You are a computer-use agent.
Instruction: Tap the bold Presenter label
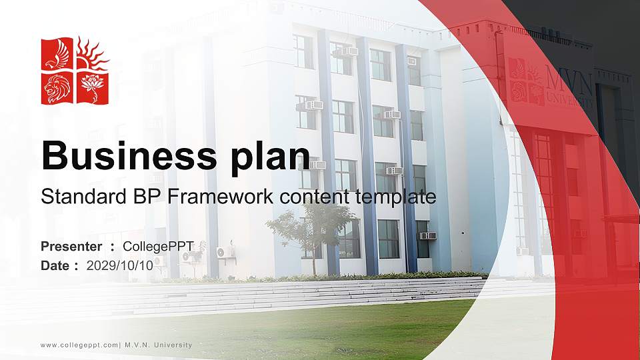[71, 247]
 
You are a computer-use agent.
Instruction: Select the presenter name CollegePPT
[163, 247]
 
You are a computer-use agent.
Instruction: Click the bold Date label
[55, 265]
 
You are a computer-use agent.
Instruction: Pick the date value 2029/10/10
[120, 265]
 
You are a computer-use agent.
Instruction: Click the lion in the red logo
[58, 88]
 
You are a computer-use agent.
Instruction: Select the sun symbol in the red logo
[93, 54]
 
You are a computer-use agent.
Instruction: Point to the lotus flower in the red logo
[93, 87]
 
